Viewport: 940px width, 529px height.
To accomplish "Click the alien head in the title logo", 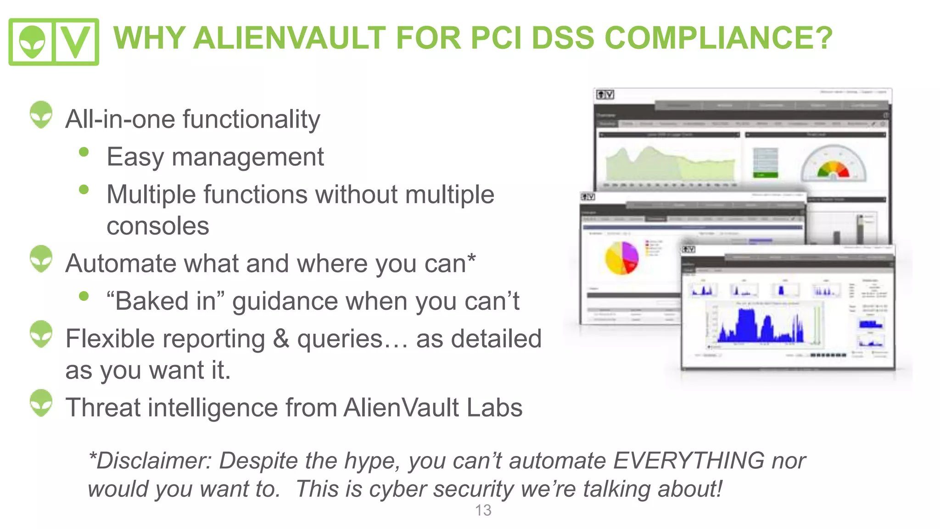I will pyautogui.click(x=32, y=41).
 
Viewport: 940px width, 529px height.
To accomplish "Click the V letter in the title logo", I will pyautogui.click(x=75, y=41).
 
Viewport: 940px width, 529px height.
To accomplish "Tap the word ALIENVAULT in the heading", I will pyautogui.click(x=289, y=38).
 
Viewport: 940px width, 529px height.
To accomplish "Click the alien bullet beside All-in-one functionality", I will pyautogui.click(x=41, y=114).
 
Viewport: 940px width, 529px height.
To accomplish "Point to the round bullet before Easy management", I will pyautogui.click(x=84, y=152).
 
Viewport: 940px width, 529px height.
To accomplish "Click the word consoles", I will pyautogui.click(x=158, y=226).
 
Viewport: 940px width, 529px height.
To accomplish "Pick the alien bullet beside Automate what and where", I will pyautogui.click(x=41, y=259).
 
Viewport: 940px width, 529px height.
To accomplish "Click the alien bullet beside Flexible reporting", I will pyautogui.click(x=41, y=334).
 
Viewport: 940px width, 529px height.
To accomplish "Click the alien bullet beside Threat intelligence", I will pyautogui.click(x=41, y=403).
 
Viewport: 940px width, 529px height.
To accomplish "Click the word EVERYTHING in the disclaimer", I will pyautogui.click(x=688, y=461).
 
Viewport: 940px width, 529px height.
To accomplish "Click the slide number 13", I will pyautogui.click(x=483, y=510).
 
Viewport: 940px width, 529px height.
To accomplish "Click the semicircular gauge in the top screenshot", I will pyautogui.click(x=834, y=163).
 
